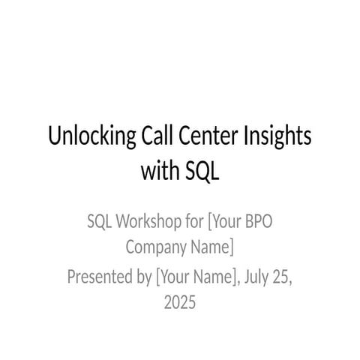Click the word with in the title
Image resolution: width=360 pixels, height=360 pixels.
click(x=159, y=172)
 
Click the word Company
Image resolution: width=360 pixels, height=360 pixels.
click(x=156, y=247)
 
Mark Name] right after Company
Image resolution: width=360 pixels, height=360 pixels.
click(x=212, y=247)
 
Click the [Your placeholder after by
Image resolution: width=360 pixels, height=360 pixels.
click(x=174, y=278)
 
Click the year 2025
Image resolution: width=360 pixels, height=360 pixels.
click(x=180, y=302)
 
